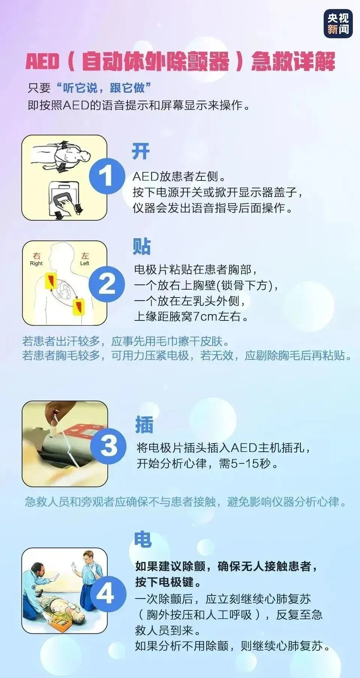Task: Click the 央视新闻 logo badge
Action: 338,24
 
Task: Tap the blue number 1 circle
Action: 106,176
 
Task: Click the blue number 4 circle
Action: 106,594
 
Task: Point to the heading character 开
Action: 141,152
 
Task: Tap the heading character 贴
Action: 142,247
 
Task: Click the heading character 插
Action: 144,425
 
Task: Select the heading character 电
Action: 143,539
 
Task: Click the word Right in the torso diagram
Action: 36,263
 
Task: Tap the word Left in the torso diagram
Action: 85,263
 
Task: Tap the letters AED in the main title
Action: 42,61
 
